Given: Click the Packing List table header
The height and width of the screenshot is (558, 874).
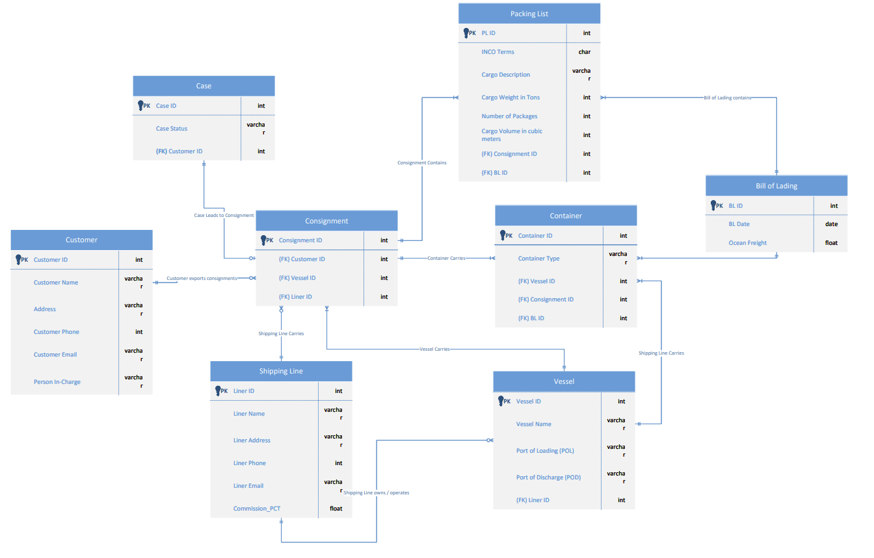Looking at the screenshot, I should click(x=529, y=14).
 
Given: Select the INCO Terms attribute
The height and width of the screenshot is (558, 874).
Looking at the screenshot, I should click(x=497, y=52).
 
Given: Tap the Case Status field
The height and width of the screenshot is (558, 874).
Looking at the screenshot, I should click(x=172, y=129).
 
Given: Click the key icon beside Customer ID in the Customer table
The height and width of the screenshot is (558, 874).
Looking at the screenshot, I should click(x=17, y=259).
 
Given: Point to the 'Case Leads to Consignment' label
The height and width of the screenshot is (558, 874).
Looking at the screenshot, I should click(x=224, y=215).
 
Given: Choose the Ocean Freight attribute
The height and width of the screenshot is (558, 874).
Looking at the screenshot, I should click(x=747, y=243).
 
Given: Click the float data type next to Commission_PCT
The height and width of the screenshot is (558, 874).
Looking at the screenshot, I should click(x=336, y=509).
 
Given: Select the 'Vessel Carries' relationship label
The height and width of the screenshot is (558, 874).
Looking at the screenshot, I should click(x=435, y=349).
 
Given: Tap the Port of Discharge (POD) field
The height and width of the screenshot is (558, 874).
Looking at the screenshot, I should click(x=548, y=477).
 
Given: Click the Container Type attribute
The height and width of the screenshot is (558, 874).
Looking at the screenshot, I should click(x=538, y=259).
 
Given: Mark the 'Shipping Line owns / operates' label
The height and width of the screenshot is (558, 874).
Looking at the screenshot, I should click(x=377, y=492).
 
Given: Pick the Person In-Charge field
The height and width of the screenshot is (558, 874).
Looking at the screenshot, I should click(x=57, y=382).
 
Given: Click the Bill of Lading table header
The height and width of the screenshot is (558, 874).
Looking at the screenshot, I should click(x=776, y=186).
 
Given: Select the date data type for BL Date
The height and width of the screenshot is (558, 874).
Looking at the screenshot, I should click(x=831, y=224).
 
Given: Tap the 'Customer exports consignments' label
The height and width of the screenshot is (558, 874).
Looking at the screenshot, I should click(x=202, y=278).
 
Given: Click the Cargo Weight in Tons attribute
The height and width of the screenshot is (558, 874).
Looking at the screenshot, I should click(x=510, y=97).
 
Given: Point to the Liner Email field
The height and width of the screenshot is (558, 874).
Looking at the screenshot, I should click(x=248, y=486).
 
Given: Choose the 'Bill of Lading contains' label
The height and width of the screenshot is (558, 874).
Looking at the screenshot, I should click(x=727, y=97).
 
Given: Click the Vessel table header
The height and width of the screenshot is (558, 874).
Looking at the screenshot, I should click(x=564, y=381).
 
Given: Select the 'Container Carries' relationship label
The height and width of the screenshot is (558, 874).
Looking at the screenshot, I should click(x=446, y=258).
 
